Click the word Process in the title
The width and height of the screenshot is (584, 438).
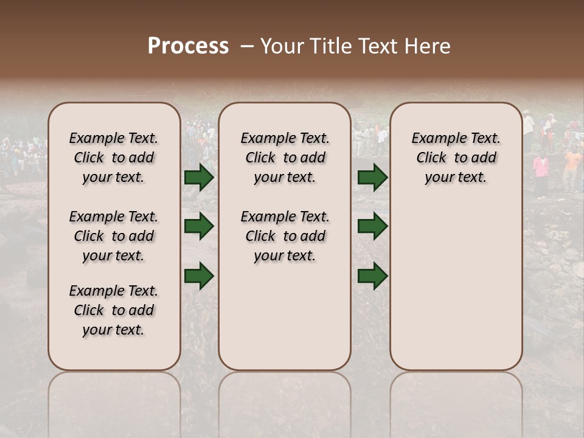pyautogui.click(x=188, y=46)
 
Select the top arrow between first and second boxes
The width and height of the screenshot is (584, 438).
pyautogui.click(x=199, y=178)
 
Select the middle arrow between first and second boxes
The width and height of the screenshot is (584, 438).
pyautogui.click(x=199, y=226)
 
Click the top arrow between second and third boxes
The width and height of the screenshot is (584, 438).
pyautogui.click(x=373, y=178)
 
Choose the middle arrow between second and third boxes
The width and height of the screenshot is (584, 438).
pyautogui.click(x=373, y=226)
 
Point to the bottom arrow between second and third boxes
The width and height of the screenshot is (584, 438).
pyautogui.click(x=373, y=276)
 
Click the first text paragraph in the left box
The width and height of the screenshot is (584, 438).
pyautogui.click(x=114, y=158)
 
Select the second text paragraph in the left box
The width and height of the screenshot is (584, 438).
pyautogui.click(x=114, y=236)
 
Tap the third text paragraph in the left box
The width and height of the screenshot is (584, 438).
pyautogui.click(x=114, y=310)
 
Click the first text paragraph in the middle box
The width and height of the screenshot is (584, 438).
pyautogui.click(x=285, y=158)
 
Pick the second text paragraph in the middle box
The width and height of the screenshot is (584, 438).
pyautogui.click(x=285, y=236)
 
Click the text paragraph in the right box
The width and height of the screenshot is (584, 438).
pyautogui.click(x=456, y=158)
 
